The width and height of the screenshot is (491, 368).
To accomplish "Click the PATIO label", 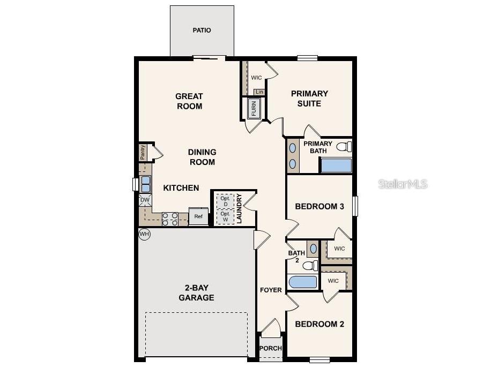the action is click(x=202, y=31).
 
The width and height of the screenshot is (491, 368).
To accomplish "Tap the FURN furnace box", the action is click(x=254, y=108).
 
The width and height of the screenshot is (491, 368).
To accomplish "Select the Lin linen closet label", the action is click(x=259, y=92).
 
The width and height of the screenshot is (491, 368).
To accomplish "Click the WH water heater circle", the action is click(x=144, y=234).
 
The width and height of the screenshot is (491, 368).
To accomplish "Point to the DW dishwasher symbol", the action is click(x=145, y=200).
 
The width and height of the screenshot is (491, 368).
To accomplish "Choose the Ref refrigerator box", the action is click(x=198, y=216).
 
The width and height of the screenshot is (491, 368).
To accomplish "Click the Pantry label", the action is click(x=143, y=152).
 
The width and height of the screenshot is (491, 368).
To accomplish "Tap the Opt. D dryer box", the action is click(x=225, y=201).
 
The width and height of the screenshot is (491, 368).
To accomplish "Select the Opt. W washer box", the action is click(x=225, y=216).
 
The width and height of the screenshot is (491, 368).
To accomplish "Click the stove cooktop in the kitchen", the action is click(x=170, y=219).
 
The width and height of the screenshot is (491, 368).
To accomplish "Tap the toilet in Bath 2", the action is click(x=310, y=266).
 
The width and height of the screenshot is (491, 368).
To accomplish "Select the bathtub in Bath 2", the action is click(x=303, y=282).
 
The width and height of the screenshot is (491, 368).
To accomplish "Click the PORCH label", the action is click(x=271, y=348).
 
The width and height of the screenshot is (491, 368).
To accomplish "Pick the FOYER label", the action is click(x=271, y=290).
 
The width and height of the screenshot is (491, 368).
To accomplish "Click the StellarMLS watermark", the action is click(x=403, y=184).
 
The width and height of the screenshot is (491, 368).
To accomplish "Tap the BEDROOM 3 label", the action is click(x=319, y=207).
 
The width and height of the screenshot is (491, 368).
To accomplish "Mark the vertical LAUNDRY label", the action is click(x=240, y=209).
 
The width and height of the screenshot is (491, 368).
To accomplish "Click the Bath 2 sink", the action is click(x=313, y=249).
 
